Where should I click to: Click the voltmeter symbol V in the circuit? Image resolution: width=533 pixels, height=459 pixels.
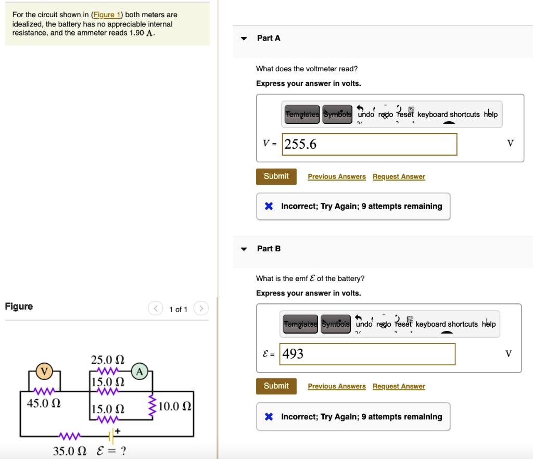(x=44, y=371)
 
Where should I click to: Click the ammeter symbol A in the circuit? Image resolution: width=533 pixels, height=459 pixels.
(x=139, y=371)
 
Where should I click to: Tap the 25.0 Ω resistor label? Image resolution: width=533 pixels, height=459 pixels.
(x=108, y=360)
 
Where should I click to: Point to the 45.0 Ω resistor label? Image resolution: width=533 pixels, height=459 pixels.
(x=44, y=404)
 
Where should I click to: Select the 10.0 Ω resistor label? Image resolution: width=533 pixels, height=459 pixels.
(x=175, y=406)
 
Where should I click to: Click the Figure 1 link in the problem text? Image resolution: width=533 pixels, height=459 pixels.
(x=106, y=15)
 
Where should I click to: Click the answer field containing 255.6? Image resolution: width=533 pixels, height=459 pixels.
(x=370, y=144)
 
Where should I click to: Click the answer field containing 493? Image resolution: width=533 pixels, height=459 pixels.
(x=367, y=354)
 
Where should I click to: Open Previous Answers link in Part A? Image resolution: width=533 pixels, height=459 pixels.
(x=337, y=177)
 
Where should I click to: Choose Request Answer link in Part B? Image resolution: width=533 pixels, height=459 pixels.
(x=399, y=386)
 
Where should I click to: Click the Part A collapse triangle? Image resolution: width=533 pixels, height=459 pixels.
(x=244, y=39)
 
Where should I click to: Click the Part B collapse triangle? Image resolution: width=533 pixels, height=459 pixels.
(x=244, y=249)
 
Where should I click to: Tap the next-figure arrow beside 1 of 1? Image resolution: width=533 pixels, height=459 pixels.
(x=201, y=309)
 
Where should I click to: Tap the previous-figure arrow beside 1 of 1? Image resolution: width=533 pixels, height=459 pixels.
(x=155, y=309)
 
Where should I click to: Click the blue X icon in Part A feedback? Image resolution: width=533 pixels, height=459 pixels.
(x=269, y=206)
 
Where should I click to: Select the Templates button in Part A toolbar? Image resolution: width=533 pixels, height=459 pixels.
(x=302, y=114)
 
